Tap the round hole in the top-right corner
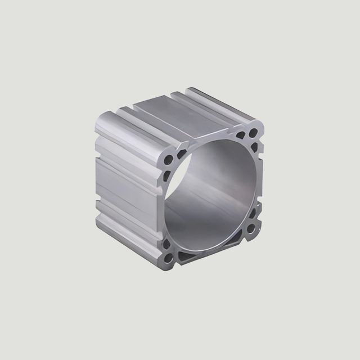tap(253, 133)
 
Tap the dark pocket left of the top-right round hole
tap(240, 136)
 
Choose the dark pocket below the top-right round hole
tap(254, 147)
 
